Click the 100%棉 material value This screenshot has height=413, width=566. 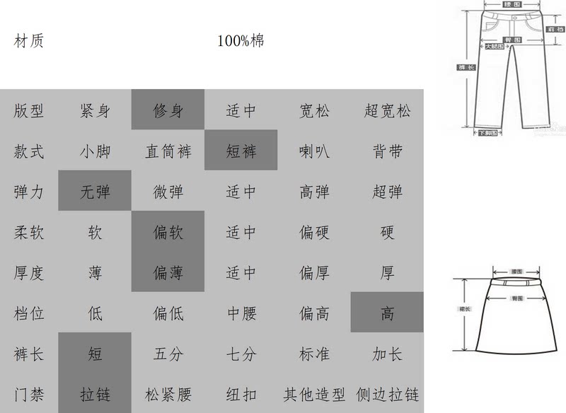click(x=241, y=41)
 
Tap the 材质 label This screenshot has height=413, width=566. click(x=29, y=41)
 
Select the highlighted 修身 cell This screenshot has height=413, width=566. click(x=168, y=110)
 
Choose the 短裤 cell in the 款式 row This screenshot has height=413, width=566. click(x=241, y=151)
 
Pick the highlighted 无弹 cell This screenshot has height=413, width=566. click(x=95, y=192)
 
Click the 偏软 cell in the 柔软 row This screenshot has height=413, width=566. click(x=168, y=232)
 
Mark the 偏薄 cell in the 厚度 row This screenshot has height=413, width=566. click(x=168, y=272)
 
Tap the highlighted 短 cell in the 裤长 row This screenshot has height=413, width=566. click(x=95, y=354)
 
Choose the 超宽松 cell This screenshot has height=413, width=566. click(x=387, y=110)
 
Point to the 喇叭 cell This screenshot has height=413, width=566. click(x=314, y=151)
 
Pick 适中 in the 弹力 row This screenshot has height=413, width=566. click(x=241, y=192)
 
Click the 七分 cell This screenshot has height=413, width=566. click(x=241, y=354)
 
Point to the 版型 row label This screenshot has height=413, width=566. click(x=29, y=110)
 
